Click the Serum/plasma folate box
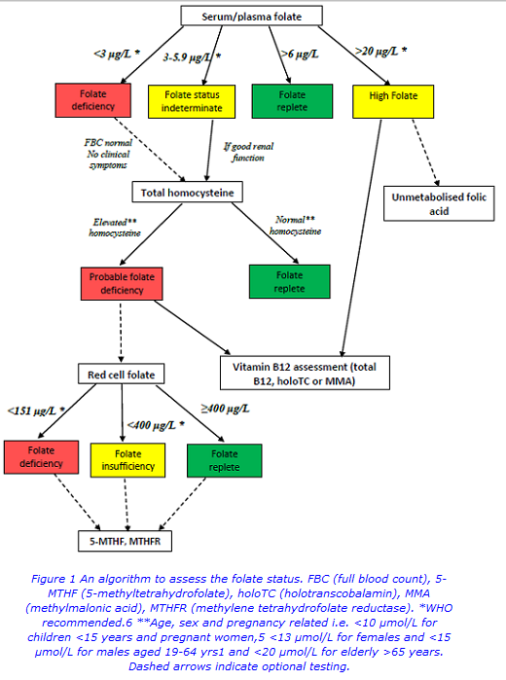pos(251,16)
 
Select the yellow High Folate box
pos(393,97)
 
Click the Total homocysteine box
pos(188,193)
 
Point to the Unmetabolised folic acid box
pos(439,204)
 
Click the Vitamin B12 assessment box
pos(305,374)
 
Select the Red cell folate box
pos(121,375)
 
